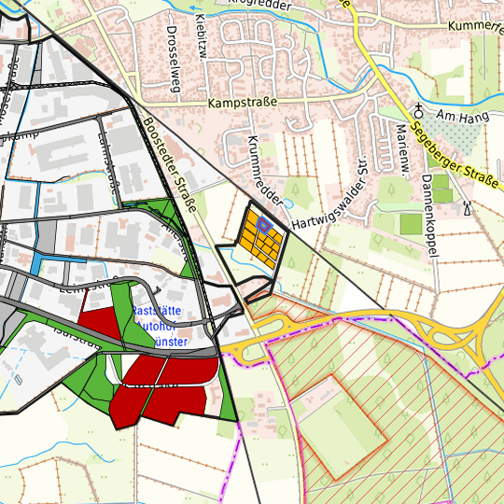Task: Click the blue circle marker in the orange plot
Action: pos(264,225)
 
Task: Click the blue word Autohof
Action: pos(161,327)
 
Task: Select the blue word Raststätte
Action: pos(159,311)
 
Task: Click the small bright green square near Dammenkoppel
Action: pos(410,224)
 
